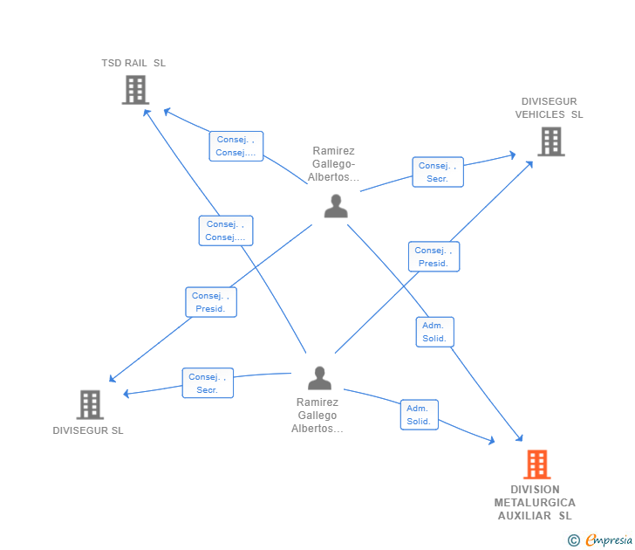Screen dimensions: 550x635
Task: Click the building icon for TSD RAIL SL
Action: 135,90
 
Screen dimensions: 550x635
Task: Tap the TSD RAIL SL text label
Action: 133,63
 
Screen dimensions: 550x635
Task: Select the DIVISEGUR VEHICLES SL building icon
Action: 550,141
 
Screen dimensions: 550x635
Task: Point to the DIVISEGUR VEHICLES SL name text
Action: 549,108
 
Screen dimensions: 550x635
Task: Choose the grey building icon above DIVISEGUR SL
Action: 90,404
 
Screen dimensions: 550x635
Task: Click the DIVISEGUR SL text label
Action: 88,430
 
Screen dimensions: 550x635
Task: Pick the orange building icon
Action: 536,464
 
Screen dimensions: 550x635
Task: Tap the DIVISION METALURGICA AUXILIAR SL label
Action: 535,502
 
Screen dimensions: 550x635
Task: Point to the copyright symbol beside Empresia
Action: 574,540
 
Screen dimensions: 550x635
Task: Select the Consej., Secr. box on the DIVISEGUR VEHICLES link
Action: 437,172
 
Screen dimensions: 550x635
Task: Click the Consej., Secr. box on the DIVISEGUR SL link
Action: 208,383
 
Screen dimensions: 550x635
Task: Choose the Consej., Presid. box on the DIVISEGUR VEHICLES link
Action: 434,257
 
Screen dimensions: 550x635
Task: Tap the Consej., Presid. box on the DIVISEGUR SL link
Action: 210,302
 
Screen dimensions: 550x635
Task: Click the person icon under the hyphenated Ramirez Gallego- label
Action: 336,207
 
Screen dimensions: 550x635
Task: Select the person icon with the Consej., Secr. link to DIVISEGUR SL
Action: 320,379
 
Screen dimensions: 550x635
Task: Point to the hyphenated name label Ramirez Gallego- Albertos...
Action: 334,164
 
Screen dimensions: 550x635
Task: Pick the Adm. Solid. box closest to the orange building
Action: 419,415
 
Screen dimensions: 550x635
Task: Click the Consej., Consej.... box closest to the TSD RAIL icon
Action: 236,146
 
